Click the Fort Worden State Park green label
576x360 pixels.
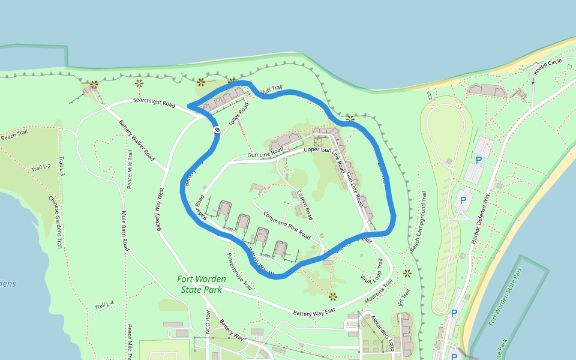point(202,284)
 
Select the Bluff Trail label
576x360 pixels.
point(271,89)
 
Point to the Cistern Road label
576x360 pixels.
point(305,205)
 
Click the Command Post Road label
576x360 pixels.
point(286,224)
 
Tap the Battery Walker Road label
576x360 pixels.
point(137,137)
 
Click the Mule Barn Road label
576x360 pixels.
point(125,231)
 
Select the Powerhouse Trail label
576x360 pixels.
point(239,271)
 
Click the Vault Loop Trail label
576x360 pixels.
point(371,271)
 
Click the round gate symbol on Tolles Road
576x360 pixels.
point(217,130)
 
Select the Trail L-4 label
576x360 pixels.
point(103,307)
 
